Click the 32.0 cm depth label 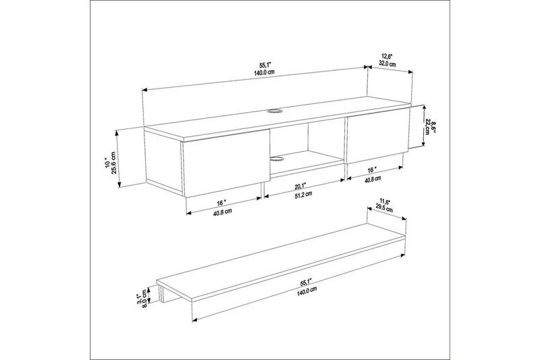[387, 64]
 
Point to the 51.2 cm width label [304, 195]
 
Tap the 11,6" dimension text [385, 201]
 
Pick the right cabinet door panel [375, 138]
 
